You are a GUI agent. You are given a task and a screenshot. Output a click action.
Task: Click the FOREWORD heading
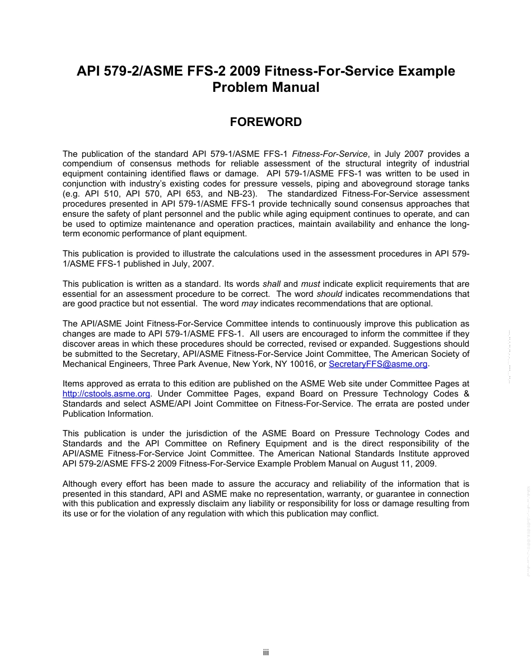point(266,122)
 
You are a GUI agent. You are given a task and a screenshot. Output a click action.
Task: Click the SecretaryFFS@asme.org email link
point(378,364)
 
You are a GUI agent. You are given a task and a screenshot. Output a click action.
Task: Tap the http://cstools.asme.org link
point(106,394)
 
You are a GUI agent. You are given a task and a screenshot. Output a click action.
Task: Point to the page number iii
point(266,652)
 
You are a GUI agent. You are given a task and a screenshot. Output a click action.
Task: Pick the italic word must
point(310,284)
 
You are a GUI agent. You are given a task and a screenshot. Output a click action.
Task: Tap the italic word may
point(249,304)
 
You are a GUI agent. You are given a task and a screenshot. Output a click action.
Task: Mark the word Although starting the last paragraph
point(80,484)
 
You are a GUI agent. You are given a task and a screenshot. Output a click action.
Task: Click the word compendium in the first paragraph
point(87,164)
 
